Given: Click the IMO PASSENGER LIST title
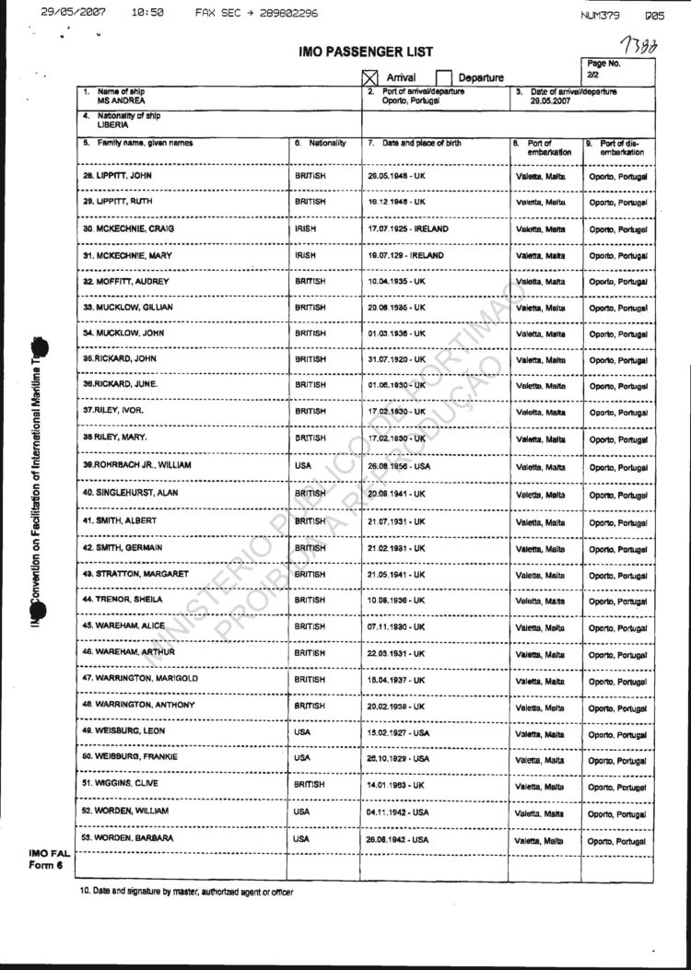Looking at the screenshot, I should tap(365, 53).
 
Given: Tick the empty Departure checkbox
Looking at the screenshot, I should tap(443, 78).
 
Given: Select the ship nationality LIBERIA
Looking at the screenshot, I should tap(112, 123).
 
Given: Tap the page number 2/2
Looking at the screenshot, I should tap(592, 75).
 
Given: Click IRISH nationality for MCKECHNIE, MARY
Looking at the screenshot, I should tap(307, 254).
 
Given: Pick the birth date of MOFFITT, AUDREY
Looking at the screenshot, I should tap(397, 280).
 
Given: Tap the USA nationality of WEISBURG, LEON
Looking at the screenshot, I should tap(302, 732).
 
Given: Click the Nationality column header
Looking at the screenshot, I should tap(321, 143).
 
